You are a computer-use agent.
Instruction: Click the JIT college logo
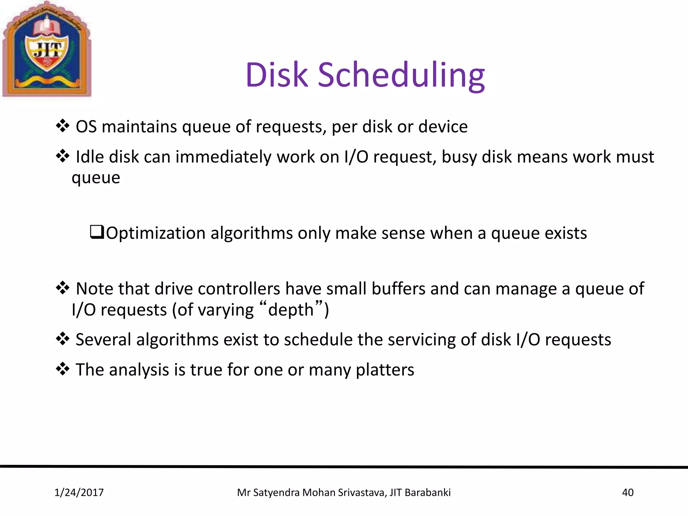coord(47,50)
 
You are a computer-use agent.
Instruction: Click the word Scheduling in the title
coord(401,75)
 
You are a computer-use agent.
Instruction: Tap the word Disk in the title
coord(276,75)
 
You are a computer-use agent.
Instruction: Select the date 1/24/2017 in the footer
coord(79,492)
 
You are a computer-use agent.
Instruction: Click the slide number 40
coord(628,492)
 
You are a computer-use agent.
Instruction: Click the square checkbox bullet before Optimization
coord(97,232)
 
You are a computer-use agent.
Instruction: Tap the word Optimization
coord(156,233)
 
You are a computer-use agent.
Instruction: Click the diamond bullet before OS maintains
coord(62,126)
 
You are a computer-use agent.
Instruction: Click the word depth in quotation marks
coord(291,310)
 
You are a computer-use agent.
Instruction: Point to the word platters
coord(385,370)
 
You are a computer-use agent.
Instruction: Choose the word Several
coord(103,340)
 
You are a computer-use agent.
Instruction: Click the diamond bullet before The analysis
coord(62,369)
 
